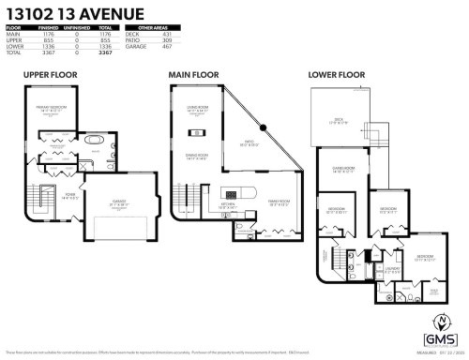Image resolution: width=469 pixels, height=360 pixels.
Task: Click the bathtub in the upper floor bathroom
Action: [x=92, y=143]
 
